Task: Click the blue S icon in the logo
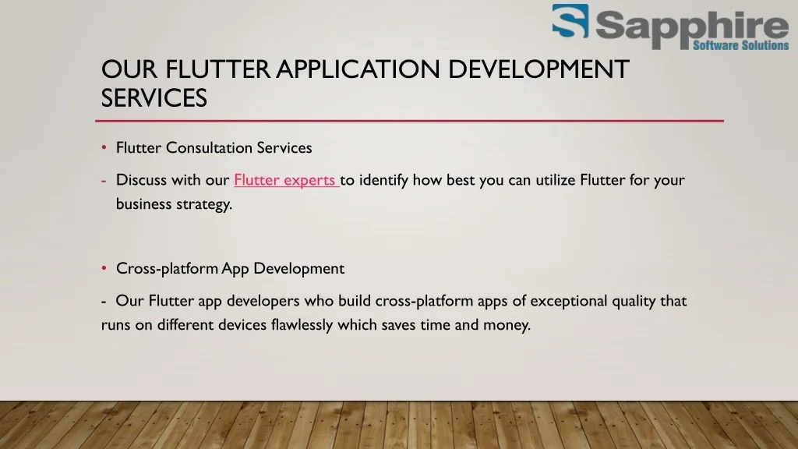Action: pos(570,21)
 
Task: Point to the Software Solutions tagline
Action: pos(741,45)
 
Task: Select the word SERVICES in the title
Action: pos(154,97)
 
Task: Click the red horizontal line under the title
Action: pos(409,121)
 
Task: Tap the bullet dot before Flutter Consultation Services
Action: pos(104,147)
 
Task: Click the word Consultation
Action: pos(209,147)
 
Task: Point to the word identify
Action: pos(383,180)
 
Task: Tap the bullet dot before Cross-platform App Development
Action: pos(104,268)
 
